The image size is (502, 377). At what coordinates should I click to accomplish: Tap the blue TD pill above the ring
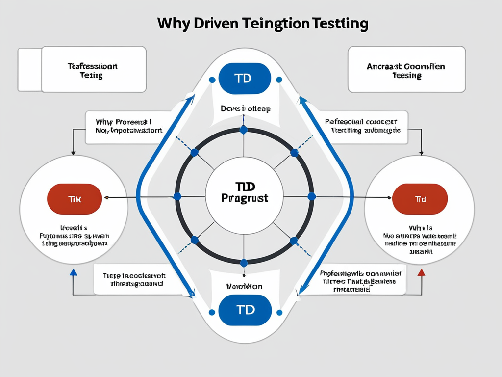245,78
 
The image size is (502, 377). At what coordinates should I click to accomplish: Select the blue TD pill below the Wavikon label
245,310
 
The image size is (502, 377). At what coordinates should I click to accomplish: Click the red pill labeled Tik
74,199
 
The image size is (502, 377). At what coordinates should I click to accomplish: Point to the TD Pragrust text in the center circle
245,192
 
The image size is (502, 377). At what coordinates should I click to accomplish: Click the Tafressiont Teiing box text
92,70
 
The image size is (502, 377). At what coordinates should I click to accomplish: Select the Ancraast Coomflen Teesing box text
405,70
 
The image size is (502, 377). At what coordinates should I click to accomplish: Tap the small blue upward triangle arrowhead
73,272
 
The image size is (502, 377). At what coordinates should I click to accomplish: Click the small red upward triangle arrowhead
421,272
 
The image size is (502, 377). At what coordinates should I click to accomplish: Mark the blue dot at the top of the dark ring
244,131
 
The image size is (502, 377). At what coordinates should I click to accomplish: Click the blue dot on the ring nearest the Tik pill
177,196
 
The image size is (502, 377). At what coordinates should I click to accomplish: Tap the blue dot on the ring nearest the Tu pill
311,196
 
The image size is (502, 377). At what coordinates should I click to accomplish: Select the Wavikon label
244,286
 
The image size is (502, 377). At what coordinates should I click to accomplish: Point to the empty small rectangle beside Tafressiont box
29,70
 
